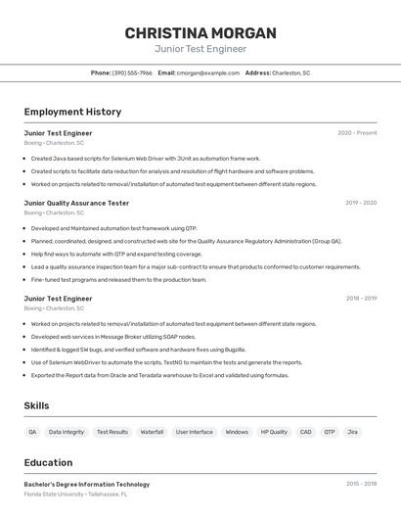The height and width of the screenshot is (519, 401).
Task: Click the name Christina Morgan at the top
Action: (x=200, y=33)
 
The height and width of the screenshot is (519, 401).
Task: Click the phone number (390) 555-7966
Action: (x=132, y=72)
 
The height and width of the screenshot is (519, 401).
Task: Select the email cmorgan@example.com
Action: (x=208, y=72)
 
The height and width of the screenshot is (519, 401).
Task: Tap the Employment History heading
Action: (x=72, y=112)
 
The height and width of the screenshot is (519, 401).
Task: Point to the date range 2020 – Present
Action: (x=357, y=132)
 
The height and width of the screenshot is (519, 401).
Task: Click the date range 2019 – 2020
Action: (x=361, y=203)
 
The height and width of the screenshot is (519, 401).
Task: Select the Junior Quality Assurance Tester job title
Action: (x=76, y=203)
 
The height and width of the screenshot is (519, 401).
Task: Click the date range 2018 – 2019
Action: (x=361, y=298)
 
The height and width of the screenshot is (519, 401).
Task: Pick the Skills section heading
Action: (x=37, y=405)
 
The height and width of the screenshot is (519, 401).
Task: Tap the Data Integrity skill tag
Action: (x=67, y=432)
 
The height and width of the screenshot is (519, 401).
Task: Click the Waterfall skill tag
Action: (x=152, y=432)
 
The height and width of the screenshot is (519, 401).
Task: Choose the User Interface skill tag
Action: (x=194, y=432)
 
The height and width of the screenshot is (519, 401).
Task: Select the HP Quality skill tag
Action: (x=274, y=432)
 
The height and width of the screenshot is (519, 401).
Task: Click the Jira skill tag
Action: (x=352, y=432)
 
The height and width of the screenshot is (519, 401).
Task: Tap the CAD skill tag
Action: (x=305, y=432)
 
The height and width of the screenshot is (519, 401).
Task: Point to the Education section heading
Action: (x=49, y=463)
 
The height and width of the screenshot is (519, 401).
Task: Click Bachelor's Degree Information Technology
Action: (x=87, y=484)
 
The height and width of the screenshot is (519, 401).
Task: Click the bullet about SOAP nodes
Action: (x=113, y=337)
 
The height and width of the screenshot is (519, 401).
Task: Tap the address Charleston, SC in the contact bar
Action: (x=290, y=72)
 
